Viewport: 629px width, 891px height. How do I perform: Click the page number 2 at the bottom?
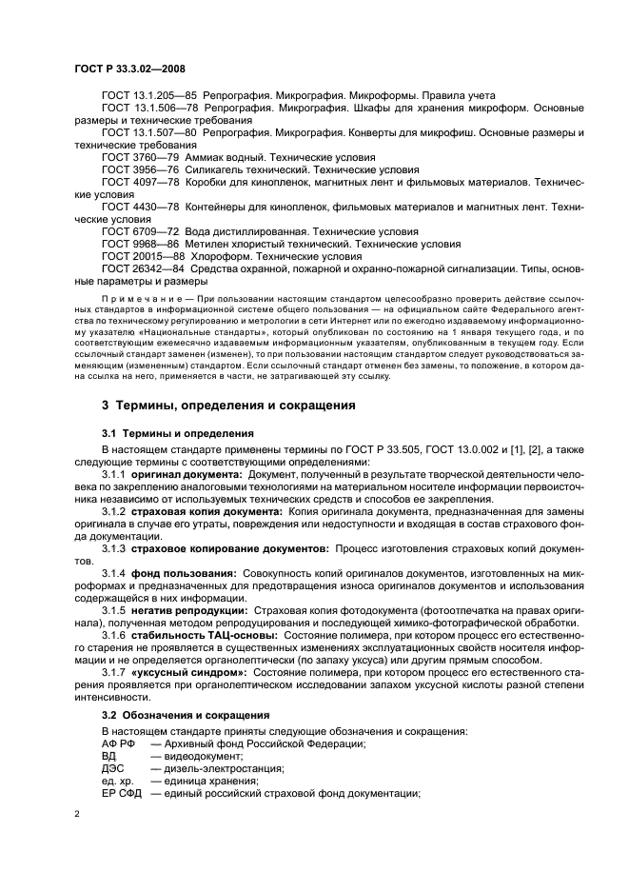point(77,814)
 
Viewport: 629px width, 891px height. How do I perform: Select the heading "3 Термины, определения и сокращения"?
point(228,405)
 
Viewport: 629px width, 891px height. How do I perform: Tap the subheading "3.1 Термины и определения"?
point(165,433)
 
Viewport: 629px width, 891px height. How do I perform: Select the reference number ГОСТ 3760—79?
point(131,157)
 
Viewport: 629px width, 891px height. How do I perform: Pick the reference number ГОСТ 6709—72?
point(131,231)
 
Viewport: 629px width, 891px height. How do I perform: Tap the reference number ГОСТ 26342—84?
point(134,268)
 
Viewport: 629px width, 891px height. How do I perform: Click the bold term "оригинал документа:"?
point(187,473)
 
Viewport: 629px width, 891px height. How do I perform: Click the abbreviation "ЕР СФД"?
point(121,793)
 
